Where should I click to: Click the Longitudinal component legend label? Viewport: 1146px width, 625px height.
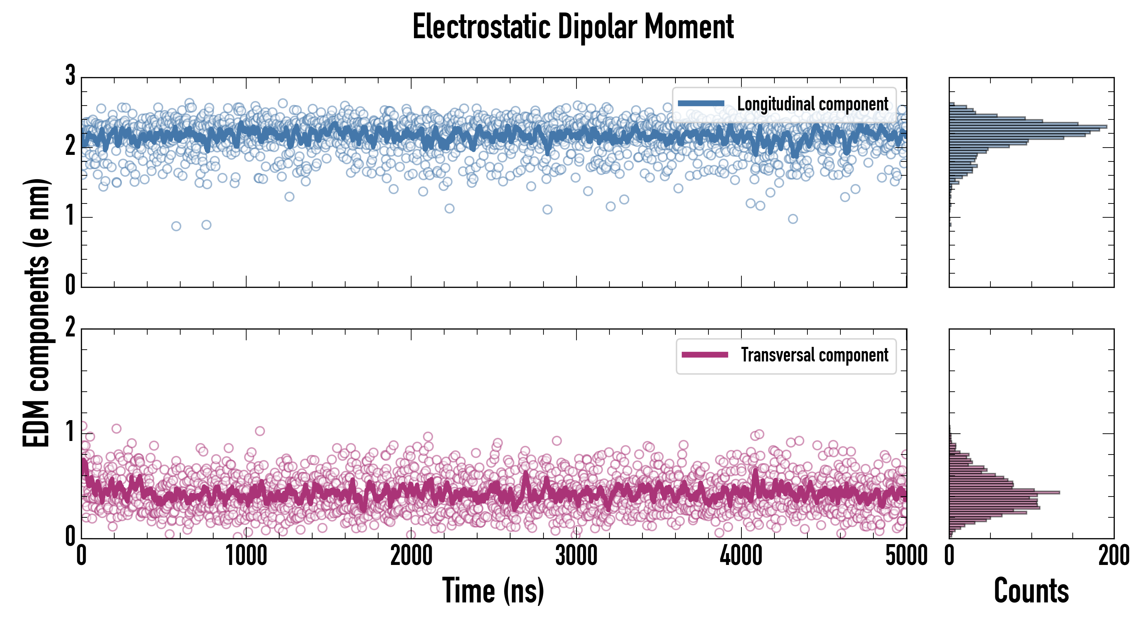tap(812, 104)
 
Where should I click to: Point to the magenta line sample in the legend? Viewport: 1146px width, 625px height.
tap(705, 355)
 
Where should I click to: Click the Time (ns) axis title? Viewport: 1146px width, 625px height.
tap(493, 591)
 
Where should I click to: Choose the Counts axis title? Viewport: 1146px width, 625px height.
tap(1031, 591)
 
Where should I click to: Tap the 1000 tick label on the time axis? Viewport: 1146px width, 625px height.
tap(246, 556)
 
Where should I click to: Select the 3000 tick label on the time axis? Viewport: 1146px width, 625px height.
tap(576, 556)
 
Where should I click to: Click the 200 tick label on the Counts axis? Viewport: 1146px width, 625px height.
tap(1113, 556)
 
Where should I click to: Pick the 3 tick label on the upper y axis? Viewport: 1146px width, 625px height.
tap(70, 76)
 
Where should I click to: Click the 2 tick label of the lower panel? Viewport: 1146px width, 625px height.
tap(70, 328)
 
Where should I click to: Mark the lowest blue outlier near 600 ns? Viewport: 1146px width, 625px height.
tap(176, 226)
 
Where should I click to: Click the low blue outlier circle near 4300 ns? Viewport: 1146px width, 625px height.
tap(793, 219)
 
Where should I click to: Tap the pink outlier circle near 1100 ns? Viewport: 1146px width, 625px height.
tap(260, 431)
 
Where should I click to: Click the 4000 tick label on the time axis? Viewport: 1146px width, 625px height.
tap(741, 556)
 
